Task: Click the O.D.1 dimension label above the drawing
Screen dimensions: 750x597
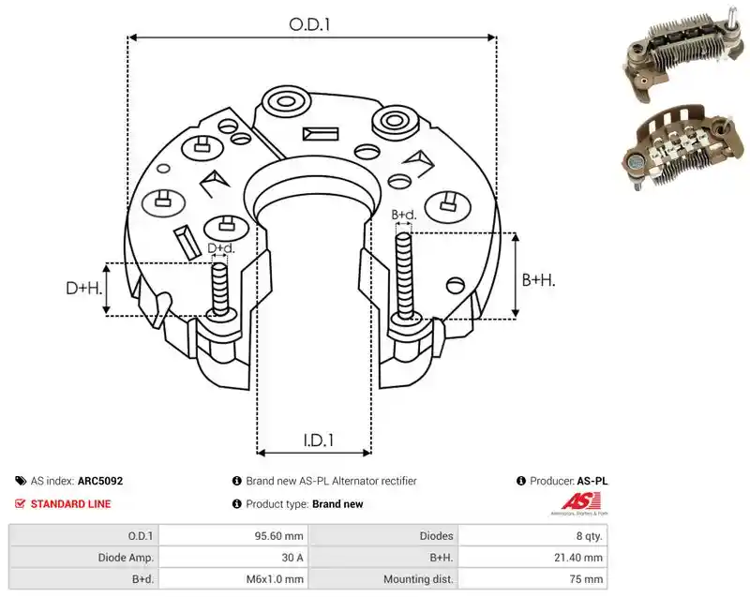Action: click(310, 24)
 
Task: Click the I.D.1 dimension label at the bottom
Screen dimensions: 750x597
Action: click(319, 440)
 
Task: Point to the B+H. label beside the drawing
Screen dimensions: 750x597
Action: click(538, 279)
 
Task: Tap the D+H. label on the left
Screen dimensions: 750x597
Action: click(84, 288)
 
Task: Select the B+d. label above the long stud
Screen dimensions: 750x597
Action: click(404, 215)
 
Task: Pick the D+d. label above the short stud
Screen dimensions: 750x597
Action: click(221, 248)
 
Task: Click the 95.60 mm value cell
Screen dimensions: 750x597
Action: click(278, 536)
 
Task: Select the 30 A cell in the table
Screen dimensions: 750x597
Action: click(292, 558)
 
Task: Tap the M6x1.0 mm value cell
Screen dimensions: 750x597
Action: click(275, 579)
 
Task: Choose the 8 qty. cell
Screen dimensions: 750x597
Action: click(590, 536)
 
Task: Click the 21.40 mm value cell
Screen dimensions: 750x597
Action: click(578, 558)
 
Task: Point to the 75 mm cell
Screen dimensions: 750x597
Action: click(586, 579)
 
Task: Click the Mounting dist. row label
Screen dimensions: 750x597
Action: click(418, 579)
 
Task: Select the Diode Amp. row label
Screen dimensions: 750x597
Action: click(126, 558)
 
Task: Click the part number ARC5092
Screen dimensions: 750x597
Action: click(100, 481)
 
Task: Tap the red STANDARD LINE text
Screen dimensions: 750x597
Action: click(71, 504)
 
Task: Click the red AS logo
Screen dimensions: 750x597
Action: click(580, 503)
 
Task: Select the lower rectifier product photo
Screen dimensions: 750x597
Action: click(684, 147)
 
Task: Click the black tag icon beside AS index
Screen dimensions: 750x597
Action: click(21, 481)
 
